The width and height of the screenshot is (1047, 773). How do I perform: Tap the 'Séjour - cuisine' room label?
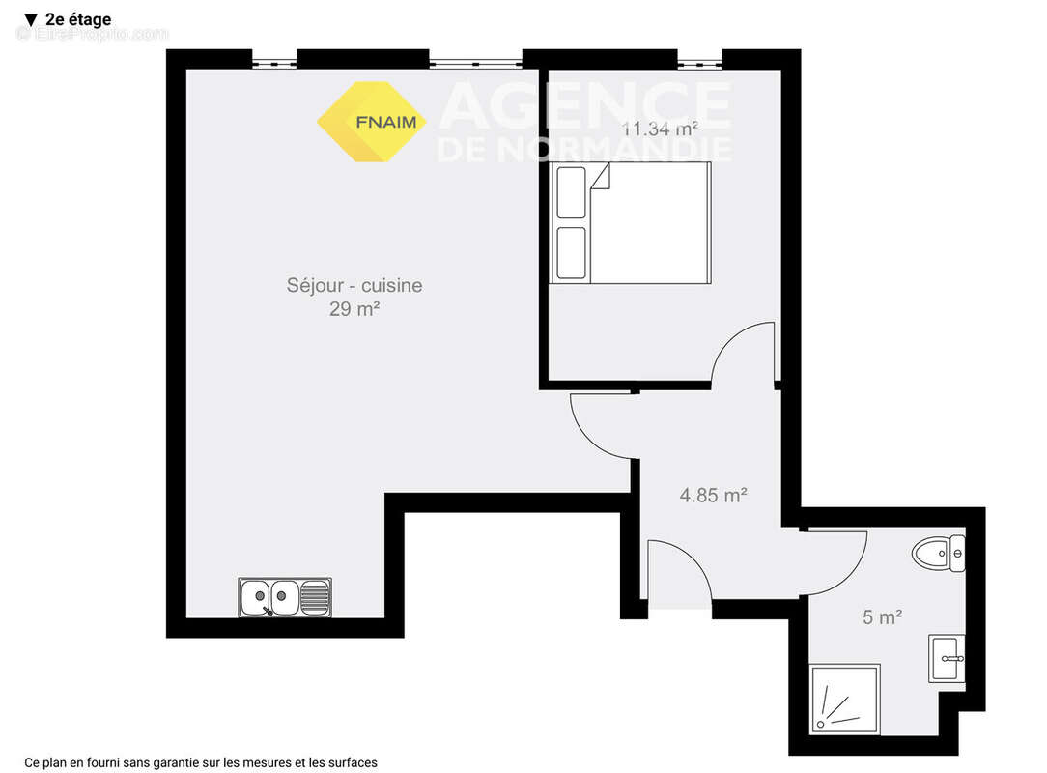354,286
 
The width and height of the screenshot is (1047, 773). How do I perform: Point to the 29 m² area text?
354,309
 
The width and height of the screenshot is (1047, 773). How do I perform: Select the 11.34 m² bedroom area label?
661,127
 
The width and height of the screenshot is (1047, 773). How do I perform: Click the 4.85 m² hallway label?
714,495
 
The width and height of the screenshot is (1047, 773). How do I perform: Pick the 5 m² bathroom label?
882,616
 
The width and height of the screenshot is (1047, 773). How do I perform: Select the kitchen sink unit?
285,597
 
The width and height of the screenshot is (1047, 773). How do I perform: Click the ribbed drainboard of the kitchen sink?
315,597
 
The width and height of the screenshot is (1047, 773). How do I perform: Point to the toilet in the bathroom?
938,554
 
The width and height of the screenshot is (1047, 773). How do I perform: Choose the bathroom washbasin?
947,659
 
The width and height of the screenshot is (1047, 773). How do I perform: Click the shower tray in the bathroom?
846,698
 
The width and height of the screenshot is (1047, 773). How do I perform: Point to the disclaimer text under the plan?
201,762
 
